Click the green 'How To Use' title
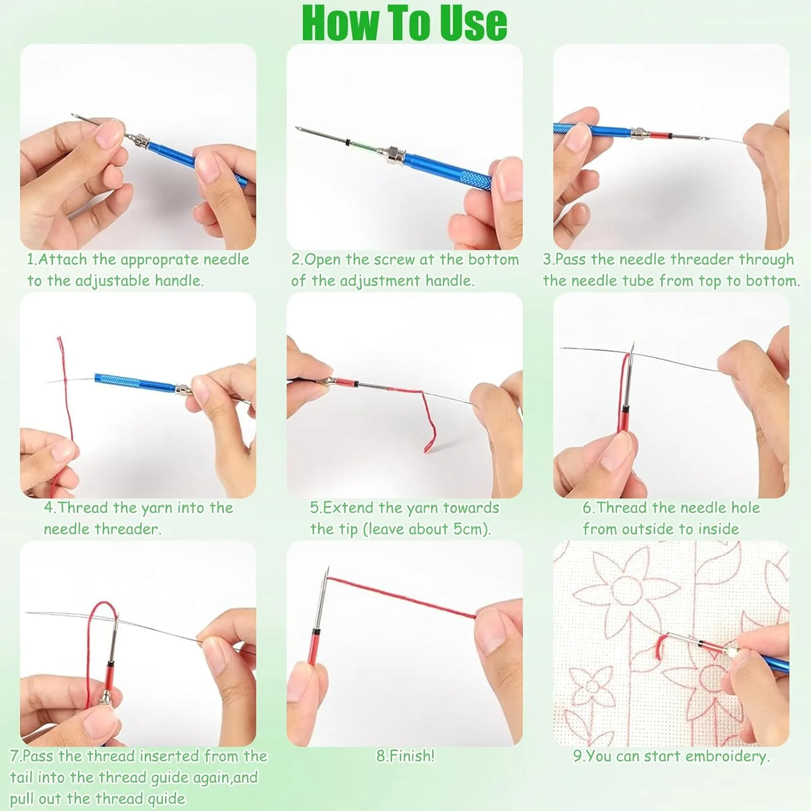click(404, 23)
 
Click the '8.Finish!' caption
click(405, 756)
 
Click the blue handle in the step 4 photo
click(135, 381)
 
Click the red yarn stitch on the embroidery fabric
click(660, 647)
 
